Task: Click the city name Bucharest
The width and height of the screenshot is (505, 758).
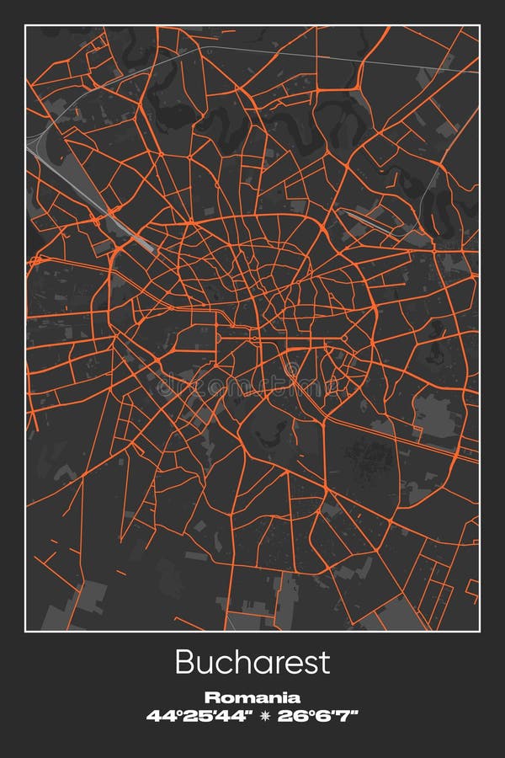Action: (252, 662)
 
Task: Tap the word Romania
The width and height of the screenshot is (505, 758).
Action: (252, 697)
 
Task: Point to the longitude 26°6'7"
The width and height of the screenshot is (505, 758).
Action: (318, 716)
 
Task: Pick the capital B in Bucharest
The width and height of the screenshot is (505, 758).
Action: (184, 662)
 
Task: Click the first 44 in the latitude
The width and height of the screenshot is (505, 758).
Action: (158, 716)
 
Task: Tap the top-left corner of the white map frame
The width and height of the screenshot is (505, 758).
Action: (25, 25)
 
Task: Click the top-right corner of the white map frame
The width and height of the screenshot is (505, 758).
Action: (480, 25)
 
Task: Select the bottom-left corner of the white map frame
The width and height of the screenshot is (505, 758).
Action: (25, 631)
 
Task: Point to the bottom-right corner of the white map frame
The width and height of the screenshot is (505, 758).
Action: (480, 631)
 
